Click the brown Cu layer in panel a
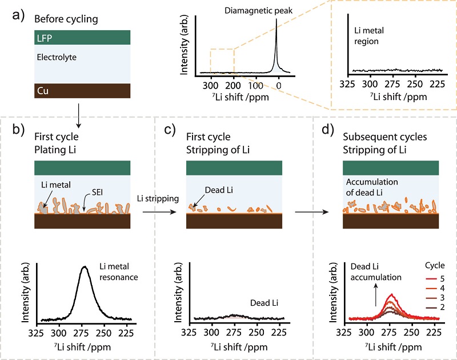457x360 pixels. click(x=83, y=90)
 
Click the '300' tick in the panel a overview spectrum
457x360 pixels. click(x=211, y=85)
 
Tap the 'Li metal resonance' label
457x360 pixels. click(x=121, y=273)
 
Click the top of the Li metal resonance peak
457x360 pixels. click(x=85, y=266)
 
